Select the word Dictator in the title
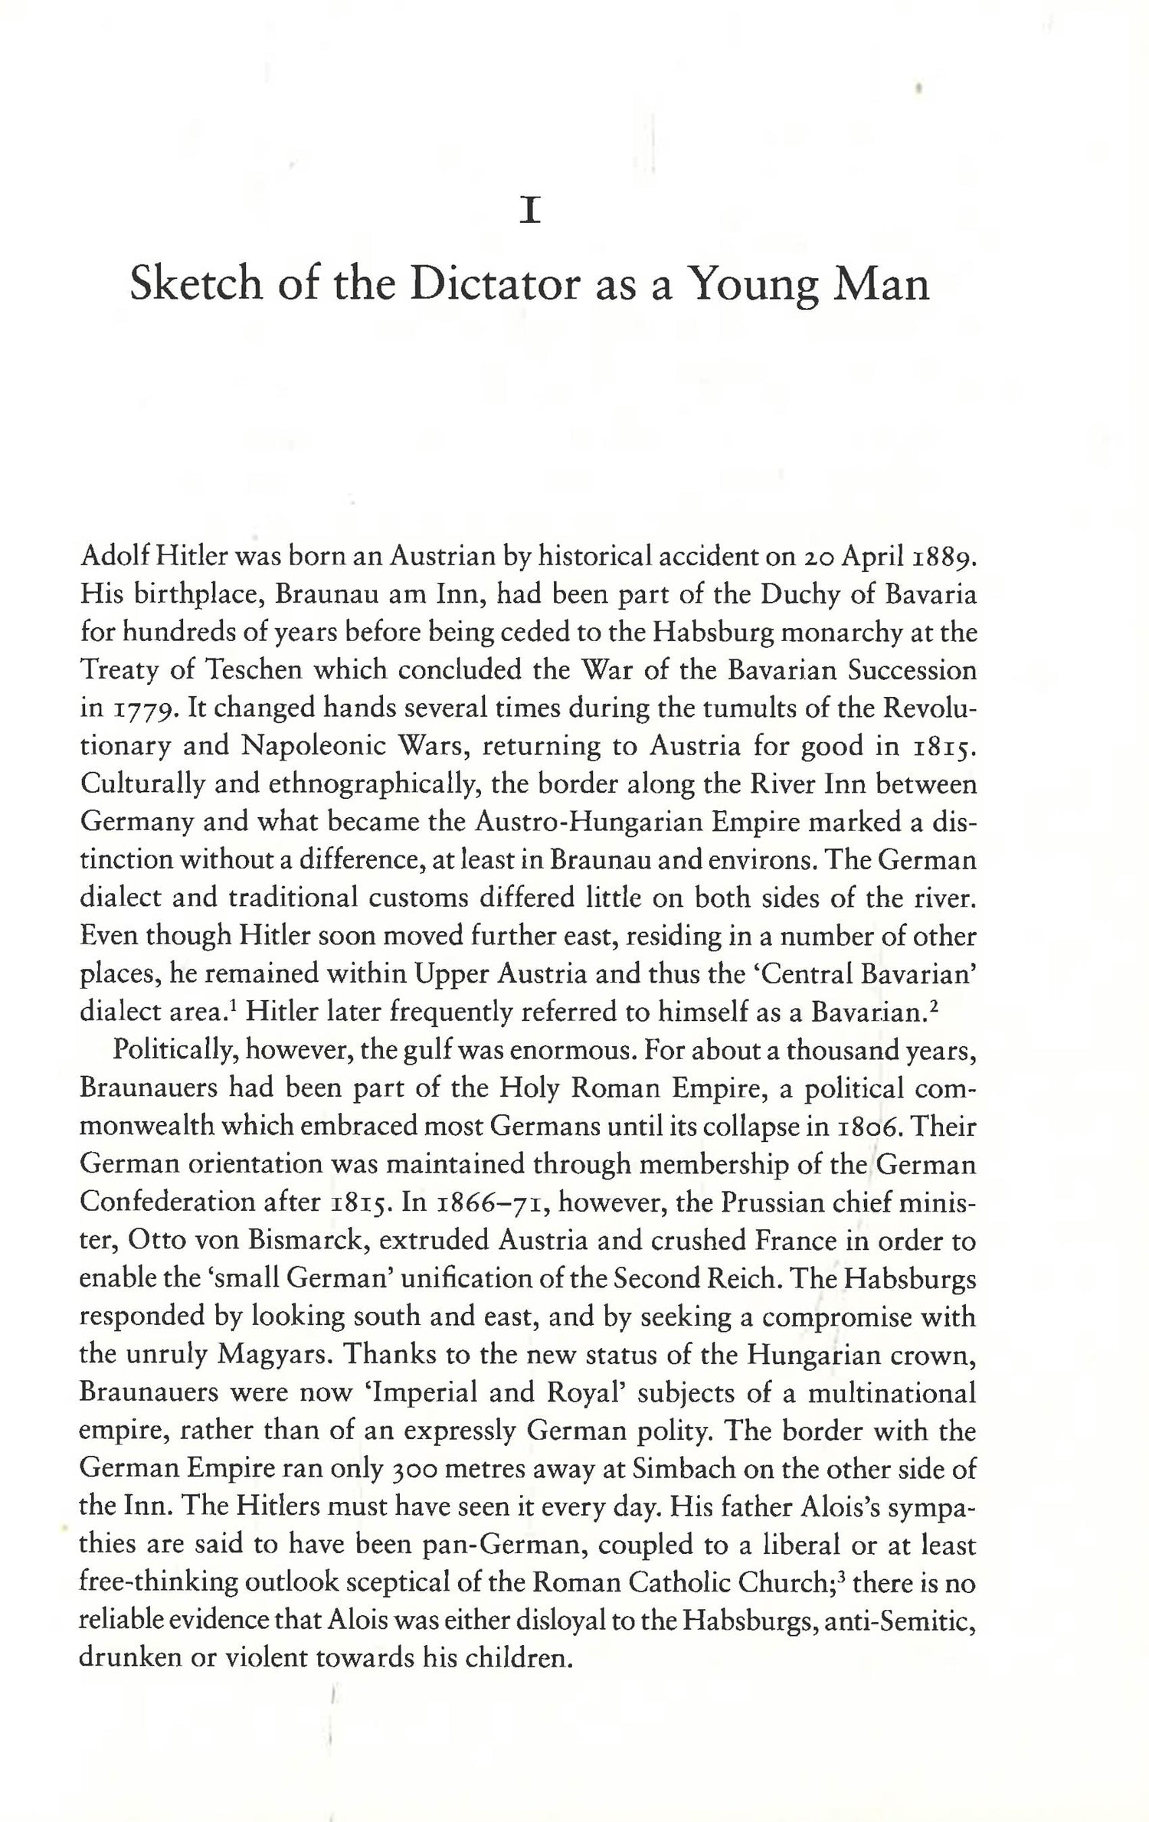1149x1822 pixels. (x=492, y=285)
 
